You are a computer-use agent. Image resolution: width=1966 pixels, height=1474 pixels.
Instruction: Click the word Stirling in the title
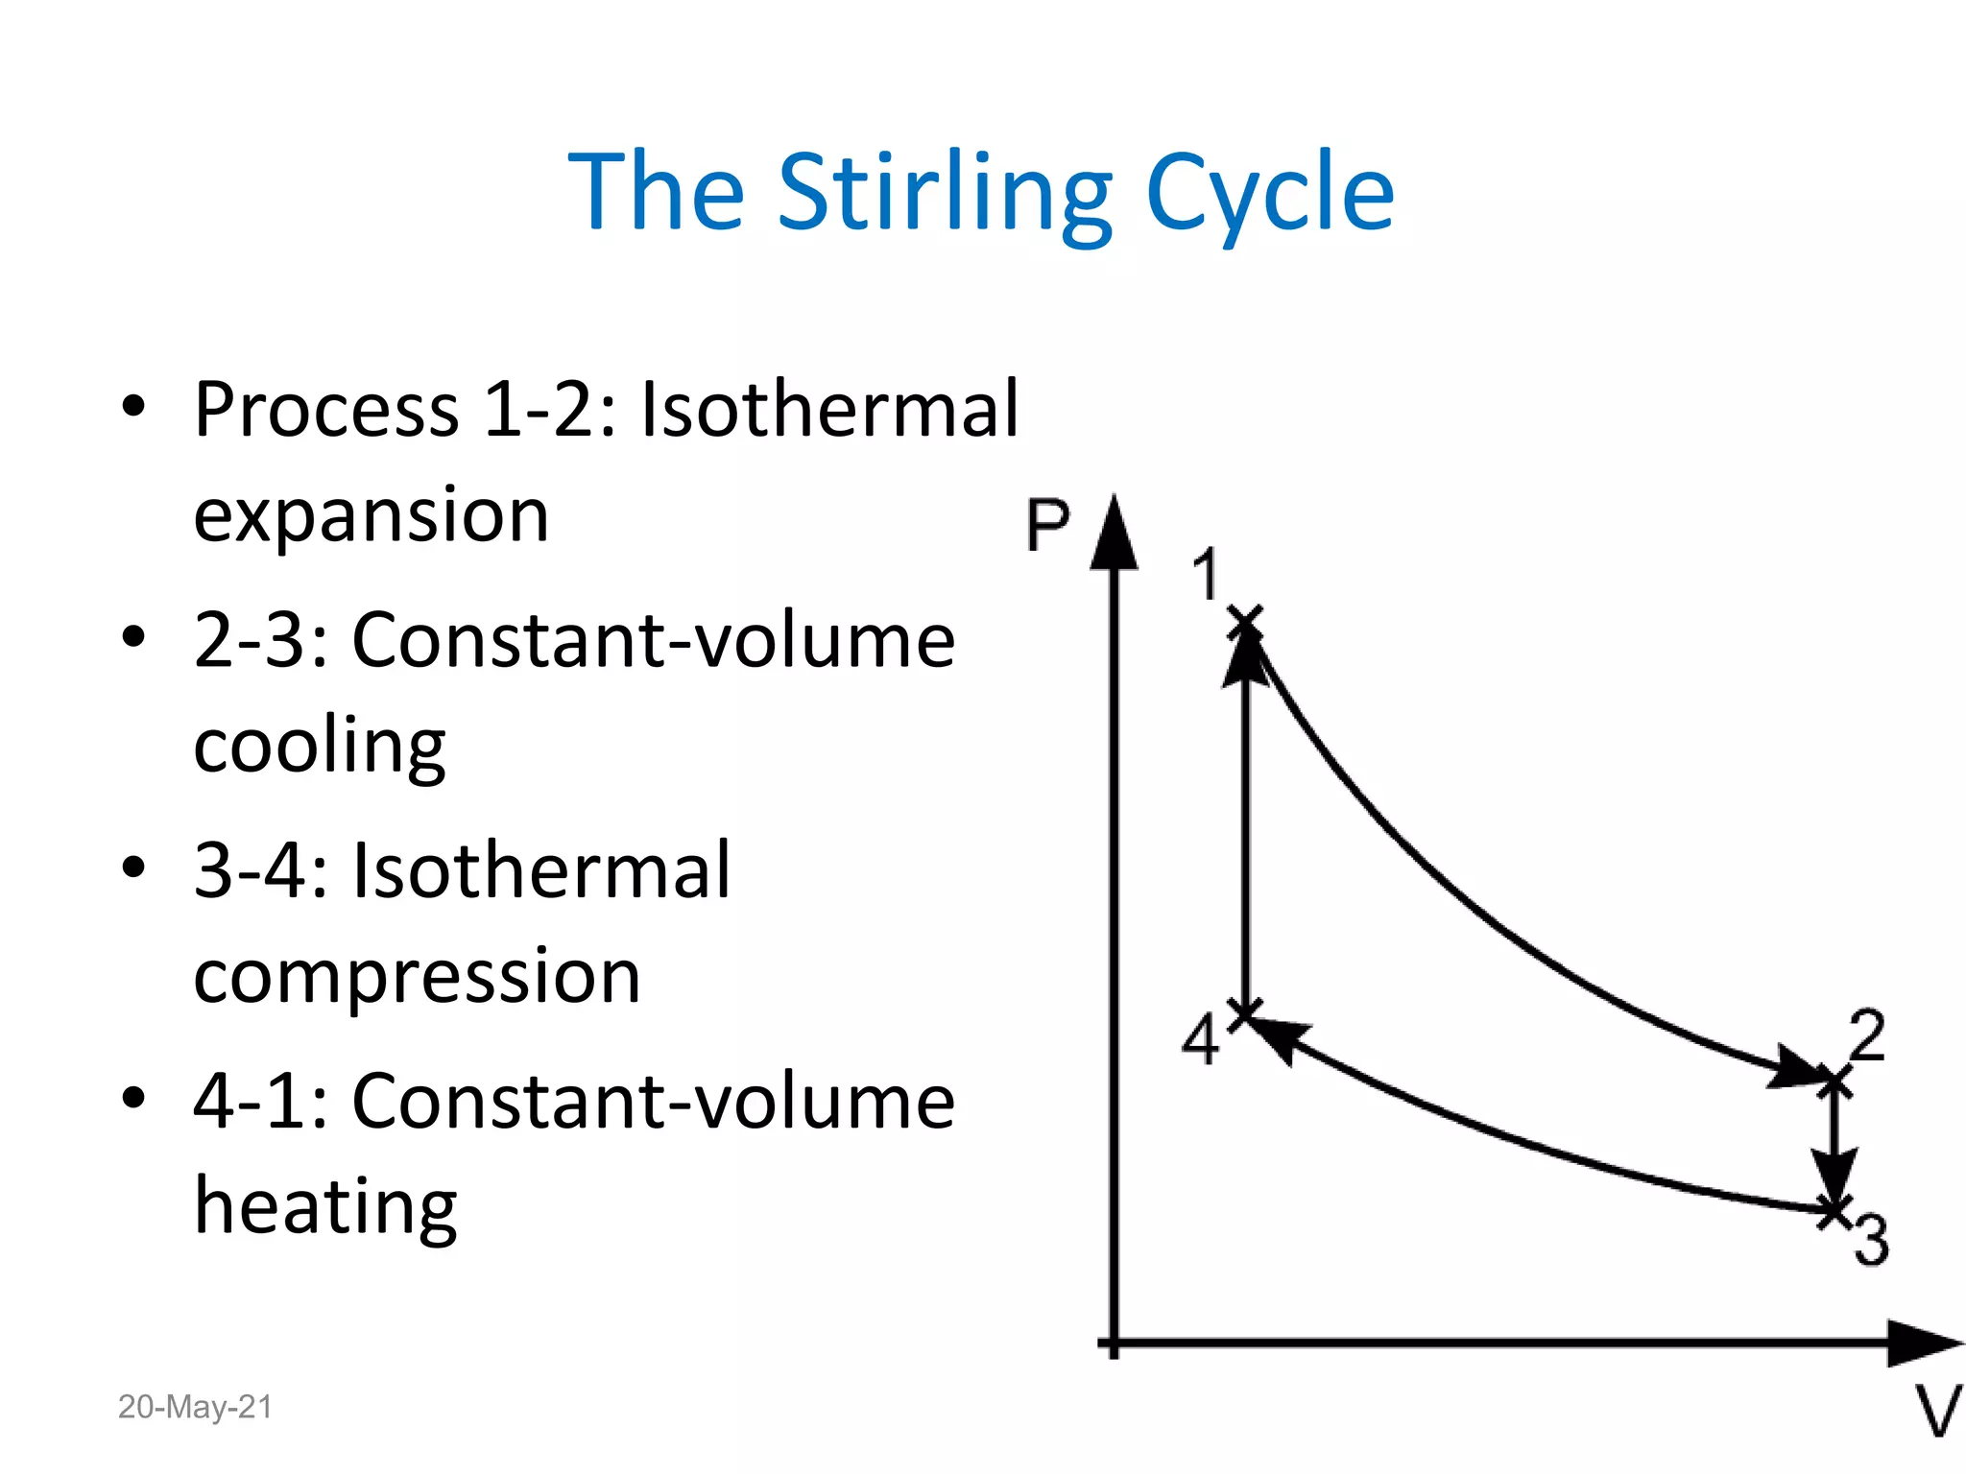pyautogui.click(x=945, y=194)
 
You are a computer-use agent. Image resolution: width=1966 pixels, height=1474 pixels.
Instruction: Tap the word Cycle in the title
pyautogui.click(x=1269, y=194)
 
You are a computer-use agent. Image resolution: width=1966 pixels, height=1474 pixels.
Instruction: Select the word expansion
pyautogui.click(x=372, y=516)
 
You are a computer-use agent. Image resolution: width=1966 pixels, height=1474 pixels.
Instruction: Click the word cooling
pyautogui.click(x=320, y=748)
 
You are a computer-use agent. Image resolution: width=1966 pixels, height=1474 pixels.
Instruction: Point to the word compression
pyautogui.click(x=417, y=977)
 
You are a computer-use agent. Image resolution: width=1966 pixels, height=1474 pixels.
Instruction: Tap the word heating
pyautogui.click(x=325, y=1207)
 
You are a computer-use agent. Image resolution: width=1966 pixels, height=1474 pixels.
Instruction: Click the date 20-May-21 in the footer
pyautogui.click(x=195, y=1407)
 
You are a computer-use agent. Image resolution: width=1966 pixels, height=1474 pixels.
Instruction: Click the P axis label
pyautogui.click(x=1047, y=525)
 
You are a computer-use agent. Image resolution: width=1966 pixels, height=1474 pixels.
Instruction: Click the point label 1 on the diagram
pyautogui.click(x=1206, y=575)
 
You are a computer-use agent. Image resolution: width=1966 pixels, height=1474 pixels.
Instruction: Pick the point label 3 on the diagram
pyautogui.click(x=1871, y=1240)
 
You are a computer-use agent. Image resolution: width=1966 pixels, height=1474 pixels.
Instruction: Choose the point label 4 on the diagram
pyautogui.click(x=1200, y=1039)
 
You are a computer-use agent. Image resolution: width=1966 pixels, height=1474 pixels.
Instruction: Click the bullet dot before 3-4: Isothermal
pyautogui.click(x=133, y=868)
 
